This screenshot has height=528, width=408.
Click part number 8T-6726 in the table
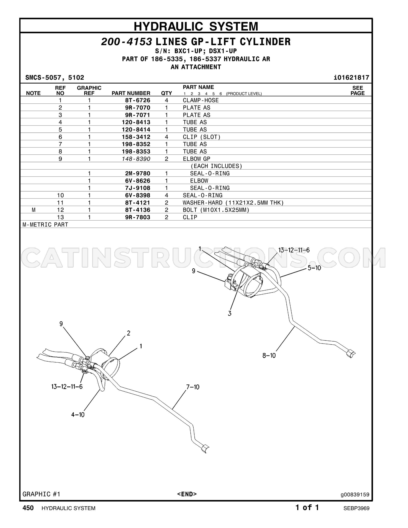tap(137, 100)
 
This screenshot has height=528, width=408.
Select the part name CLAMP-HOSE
tap(201, 100)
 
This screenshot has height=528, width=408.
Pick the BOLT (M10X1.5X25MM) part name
tap(216, 210)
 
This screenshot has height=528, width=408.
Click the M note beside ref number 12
tap(34, 210)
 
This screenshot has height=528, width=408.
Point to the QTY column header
tap(166, 93)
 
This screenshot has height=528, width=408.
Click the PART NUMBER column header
tap(131, 93)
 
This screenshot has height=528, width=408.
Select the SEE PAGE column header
tap(357, 90)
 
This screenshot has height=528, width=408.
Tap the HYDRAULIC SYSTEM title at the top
tap(196, 26)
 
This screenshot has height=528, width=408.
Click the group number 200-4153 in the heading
tap(126, 42)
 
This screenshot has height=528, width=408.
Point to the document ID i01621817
tap(351, 77)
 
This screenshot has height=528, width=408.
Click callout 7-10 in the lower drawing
tap(193, 387)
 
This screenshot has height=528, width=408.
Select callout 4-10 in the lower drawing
tap(78, 414)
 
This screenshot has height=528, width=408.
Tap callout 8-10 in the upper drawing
tap(269, 355)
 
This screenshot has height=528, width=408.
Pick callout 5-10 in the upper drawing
tap(314, 268)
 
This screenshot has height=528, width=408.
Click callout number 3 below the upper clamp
tap(229, 313)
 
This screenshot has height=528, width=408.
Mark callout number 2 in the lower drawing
tap(128, 333)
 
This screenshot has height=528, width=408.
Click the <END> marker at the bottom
tap(187, 494)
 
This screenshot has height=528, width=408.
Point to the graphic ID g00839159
tap(355, 494)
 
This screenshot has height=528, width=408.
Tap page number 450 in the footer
tap(28, 508)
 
